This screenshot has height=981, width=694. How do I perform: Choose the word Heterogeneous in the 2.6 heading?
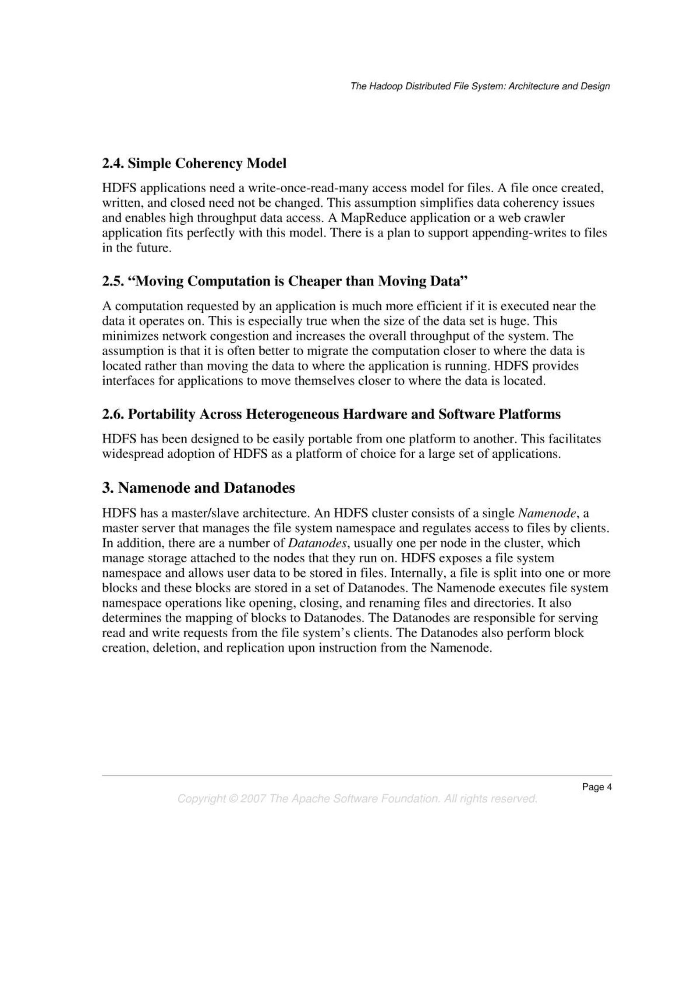(292, 414)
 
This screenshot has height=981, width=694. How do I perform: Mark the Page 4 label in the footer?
(596, 787)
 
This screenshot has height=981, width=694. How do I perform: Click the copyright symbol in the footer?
(233, 799)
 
